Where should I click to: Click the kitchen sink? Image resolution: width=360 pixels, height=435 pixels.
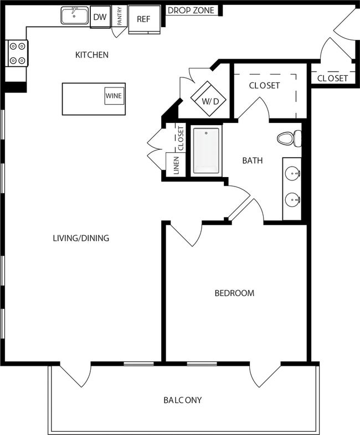[x=74, y=16]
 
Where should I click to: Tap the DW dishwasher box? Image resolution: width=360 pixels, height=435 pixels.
[x=100, y=18]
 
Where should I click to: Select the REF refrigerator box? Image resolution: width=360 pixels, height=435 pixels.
[x=144, y=19]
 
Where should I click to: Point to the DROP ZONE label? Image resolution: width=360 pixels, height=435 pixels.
[x=191, y=11]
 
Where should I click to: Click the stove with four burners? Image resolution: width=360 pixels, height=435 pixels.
[x=16, y=54]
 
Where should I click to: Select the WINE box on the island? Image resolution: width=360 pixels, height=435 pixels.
[x=114, y=95]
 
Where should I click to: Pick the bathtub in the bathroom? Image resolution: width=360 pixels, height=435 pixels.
[x=206, y=151]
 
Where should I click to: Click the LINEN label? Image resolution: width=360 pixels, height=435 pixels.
[x=176, y=165]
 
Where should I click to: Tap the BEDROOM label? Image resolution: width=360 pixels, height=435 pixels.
[x=234, y=293]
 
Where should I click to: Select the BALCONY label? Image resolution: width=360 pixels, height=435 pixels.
[x=182, y=400]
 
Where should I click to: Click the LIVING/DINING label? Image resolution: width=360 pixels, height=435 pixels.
[x=81, y=239]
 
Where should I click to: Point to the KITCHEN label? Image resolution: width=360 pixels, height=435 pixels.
[x=92, y=55]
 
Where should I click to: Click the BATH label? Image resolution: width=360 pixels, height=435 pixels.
[x=252, y=161]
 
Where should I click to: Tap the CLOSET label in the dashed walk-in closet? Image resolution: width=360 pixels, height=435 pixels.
[x=264, y=86]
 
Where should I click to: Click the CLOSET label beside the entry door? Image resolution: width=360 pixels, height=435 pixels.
[x=332, y=79]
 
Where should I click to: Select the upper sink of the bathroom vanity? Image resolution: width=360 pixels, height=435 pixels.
[x=293, y=173]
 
